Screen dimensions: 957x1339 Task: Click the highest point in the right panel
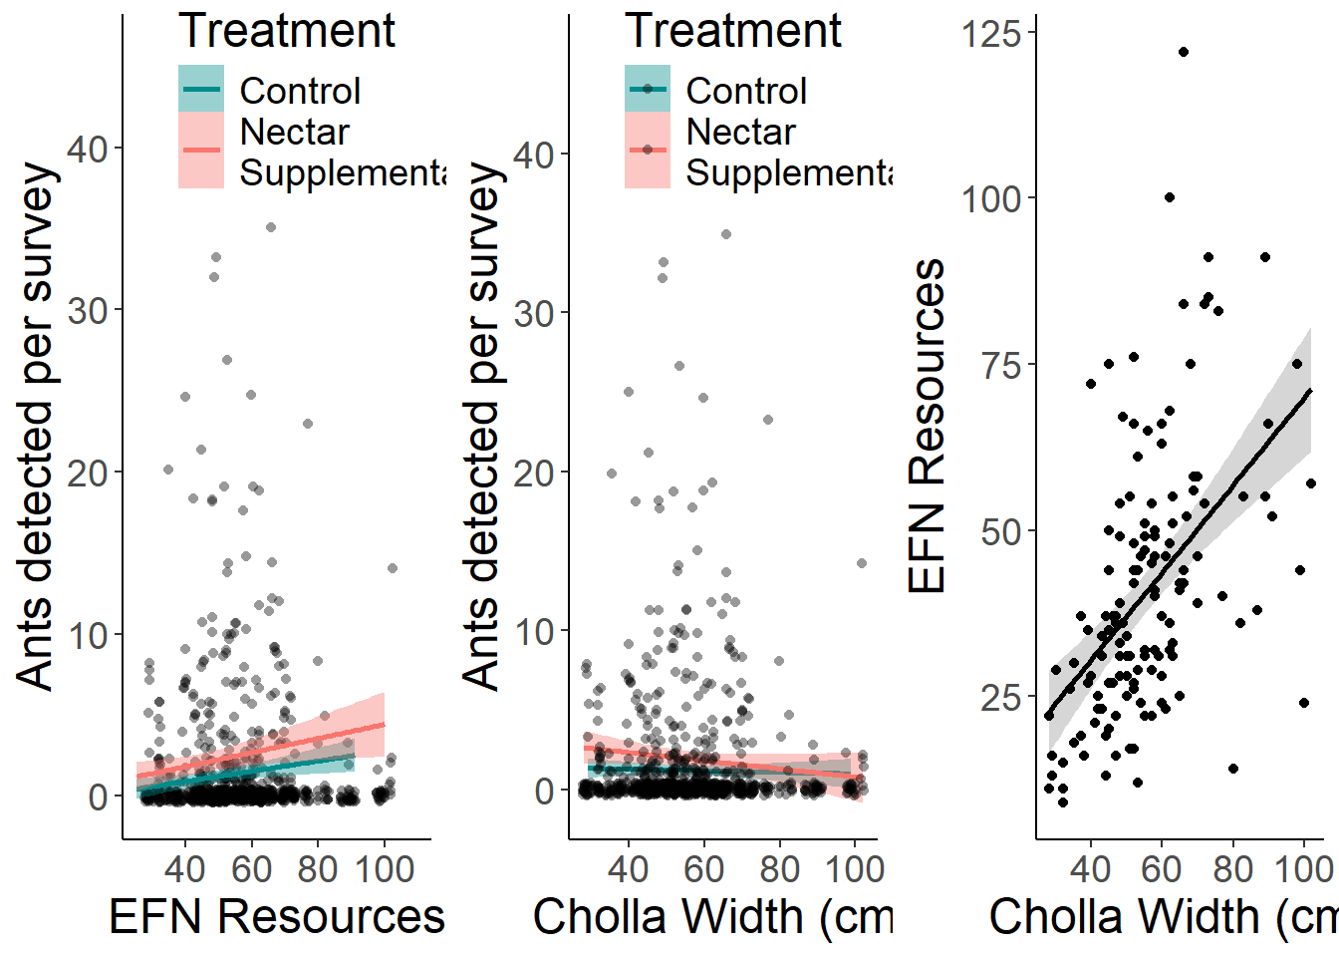coord(1183,52)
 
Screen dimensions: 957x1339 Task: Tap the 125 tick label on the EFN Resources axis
coord(991,34)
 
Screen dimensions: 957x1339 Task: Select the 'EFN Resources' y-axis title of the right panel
coord(928,426)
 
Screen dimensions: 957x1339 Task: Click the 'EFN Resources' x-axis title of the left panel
coord(276,916)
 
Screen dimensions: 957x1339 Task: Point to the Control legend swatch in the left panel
coord(201,89)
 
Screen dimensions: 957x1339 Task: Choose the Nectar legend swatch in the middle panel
coord(648,150)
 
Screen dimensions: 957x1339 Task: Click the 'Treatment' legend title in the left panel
coord(287,31)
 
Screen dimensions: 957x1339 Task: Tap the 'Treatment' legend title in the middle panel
coord(733,31)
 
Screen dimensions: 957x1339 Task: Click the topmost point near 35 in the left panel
coord(270,227)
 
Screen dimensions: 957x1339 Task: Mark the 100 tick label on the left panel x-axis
coord(385,869)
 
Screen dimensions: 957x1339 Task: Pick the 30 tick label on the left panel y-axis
coord(88,310)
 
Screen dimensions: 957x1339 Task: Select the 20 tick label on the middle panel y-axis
coord(534,473)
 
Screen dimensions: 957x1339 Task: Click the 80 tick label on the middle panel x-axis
coord(779,869)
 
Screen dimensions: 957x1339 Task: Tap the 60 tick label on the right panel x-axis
coord(1162,869)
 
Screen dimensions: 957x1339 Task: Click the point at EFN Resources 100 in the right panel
coord(1170,197)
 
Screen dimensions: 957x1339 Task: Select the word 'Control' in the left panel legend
coord(300,91)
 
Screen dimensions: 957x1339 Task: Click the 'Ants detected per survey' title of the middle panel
coord(482,426)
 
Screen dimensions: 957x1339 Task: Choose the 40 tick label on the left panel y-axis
coord(88,149)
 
